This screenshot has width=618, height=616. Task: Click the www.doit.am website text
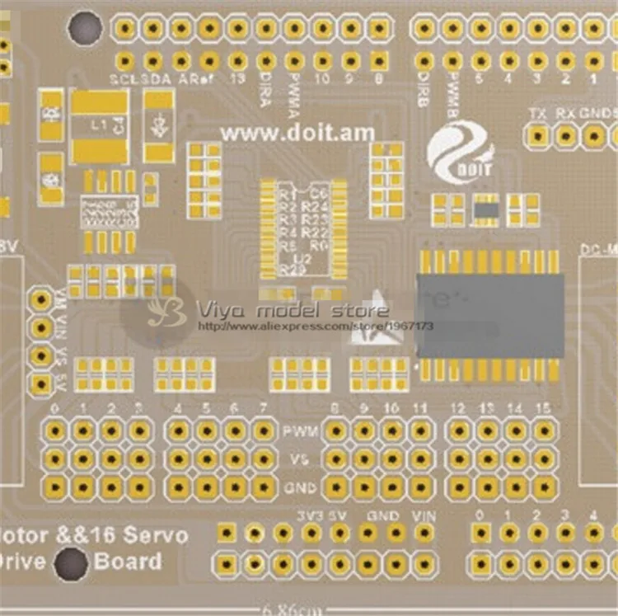point(297,132)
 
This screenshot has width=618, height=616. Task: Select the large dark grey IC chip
point(491,316)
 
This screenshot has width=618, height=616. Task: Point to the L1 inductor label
point(99,125)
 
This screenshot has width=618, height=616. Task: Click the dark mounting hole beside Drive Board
point(71,566)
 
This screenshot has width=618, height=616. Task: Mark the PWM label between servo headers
point(297,431)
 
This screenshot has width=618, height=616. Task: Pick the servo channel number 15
point(542,408)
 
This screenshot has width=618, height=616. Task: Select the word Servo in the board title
point(156,534)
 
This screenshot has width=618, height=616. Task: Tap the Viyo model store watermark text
point(292,311)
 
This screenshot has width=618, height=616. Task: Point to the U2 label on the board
point(297,256)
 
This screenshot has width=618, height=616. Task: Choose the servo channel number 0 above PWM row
point(54,408)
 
